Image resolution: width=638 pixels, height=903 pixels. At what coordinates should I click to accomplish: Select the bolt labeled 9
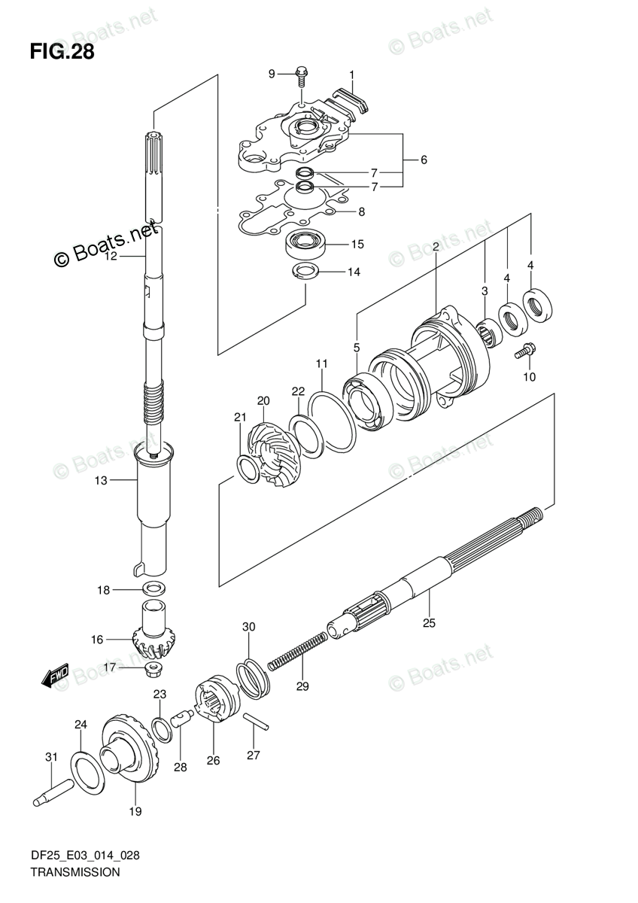point(301,74)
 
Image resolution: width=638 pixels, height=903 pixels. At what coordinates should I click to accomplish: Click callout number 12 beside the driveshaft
point(111,257)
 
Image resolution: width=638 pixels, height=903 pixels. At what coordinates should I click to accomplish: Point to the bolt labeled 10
point(524,350)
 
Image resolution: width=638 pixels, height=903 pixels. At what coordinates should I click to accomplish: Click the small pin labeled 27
point(255,719)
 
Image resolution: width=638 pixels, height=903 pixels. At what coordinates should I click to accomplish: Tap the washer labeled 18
point(153,588)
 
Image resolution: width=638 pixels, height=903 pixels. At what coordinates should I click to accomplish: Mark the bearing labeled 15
point(305,244)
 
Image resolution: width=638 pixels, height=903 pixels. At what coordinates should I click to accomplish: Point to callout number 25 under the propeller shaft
point(429,622)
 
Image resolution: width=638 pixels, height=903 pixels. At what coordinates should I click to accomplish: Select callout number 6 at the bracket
point(424,160)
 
